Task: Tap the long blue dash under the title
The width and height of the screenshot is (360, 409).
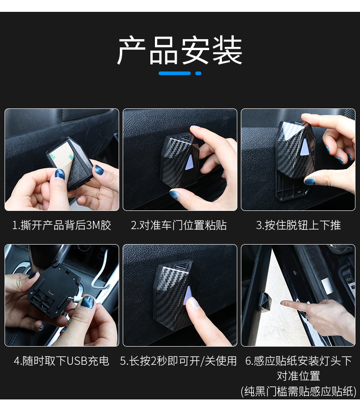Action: coord(175,73)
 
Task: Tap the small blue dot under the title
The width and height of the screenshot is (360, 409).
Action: coord(198,73)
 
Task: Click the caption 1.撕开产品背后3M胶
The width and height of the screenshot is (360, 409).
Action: coord(62,225)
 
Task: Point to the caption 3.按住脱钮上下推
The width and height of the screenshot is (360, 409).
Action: coord(298,225)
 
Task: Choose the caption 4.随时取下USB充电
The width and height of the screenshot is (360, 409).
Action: coord(62,361)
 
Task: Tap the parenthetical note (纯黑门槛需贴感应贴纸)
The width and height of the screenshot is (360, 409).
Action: coord(298,391)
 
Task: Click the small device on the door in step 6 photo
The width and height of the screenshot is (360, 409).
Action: coord(265,299)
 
